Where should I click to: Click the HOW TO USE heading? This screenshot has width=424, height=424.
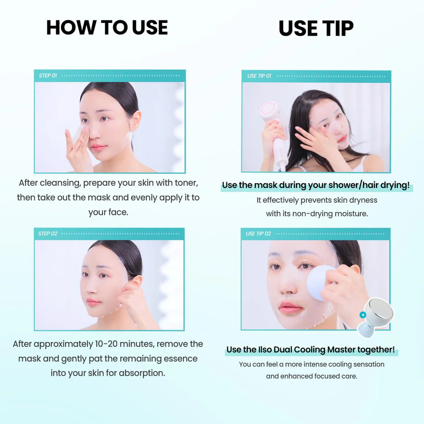[x=107, y=28]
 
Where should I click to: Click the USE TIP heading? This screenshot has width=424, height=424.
[x=316, y=28]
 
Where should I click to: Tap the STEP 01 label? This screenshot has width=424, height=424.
[x=48, y=75]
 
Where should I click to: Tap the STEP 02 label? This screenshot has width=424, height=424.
[x=47, y=234]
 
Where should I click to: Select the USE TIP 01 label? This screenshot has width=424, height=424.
[x=259, y=76]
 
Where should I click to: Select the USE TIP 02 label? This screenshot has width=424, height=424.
[x=258, y=234]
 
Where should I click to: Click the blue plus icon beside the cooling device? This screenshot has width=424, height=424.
[x=363, y=315]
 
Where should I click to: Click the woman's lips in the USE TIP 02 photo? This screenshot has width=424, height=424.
[x=290, y=307]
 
